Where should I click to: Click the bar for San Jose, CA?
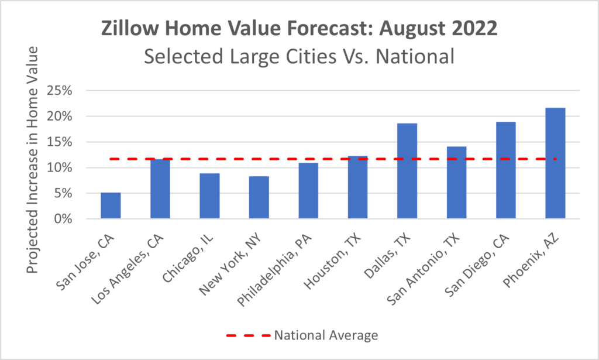click(x=111, y=205)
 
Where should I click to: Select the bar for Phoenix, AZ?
click(x=555, y=163)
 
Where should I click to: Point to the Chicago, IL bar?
click(x=209, y=196)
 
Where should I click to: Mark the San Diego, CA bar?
click(x=506, y=170)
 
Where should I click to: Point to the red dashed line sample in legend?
click(x=247, y=335)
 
